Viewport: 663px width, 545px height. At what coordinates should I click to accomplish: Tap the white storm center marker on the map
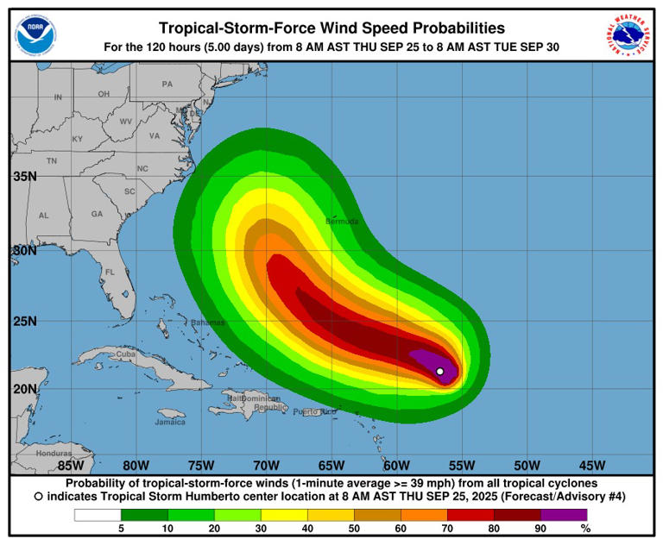click(x=440, y=372)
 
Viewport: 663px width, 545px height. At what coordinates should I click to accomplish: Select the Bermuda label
click(x=342, y=222)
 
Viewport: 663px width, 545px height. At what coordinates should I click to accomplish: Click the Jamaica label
click(x=170, y=423)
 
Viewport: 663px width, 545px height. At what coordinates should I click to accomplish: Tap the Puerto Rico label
click(x=314, y=411)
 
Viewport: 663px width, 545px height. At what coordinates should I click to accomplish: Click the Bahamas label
click(x=207, y=323)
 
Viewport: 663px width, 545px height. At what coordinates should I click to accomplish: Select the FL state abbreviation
click(x=110, y=272)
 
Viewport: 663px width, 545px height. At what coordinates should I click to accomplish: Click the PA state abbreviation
click(x=167, y=85)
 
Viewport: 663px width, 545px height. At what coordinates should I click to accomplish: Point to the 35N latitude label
click(x=24, y=177)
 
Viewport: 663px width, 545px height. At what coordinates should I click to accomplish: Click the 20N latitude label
click(x=24, y=388)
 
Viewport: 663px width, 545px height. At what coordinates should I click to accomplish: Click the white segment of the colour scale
click(x=97, y=515)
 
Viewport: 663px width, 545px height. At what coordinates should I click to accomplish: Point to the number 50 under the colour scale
click(x=353, y=529)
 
